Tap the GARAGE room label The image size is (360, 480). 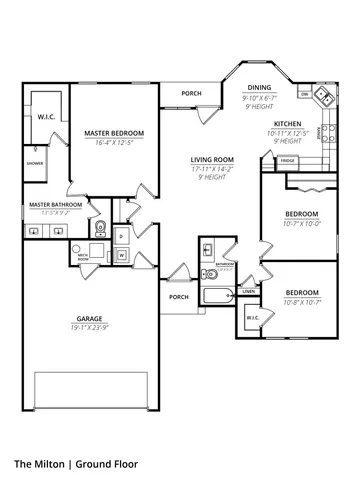90,318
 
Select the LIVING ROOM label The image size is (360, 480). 213,160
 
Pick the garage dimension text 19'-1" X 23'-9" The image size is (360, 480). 90,327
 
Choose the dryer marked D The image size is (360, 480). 121,237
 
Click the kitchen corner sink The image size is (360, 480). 324,98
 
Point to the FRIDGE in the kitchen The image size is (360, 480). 287,160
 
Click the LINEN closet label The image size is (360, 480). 249,293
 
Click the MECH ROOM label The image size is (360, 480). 85,257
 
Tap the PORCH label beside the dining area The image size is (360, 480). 190,94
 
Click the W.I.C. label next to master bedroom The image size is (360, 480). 46,116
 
